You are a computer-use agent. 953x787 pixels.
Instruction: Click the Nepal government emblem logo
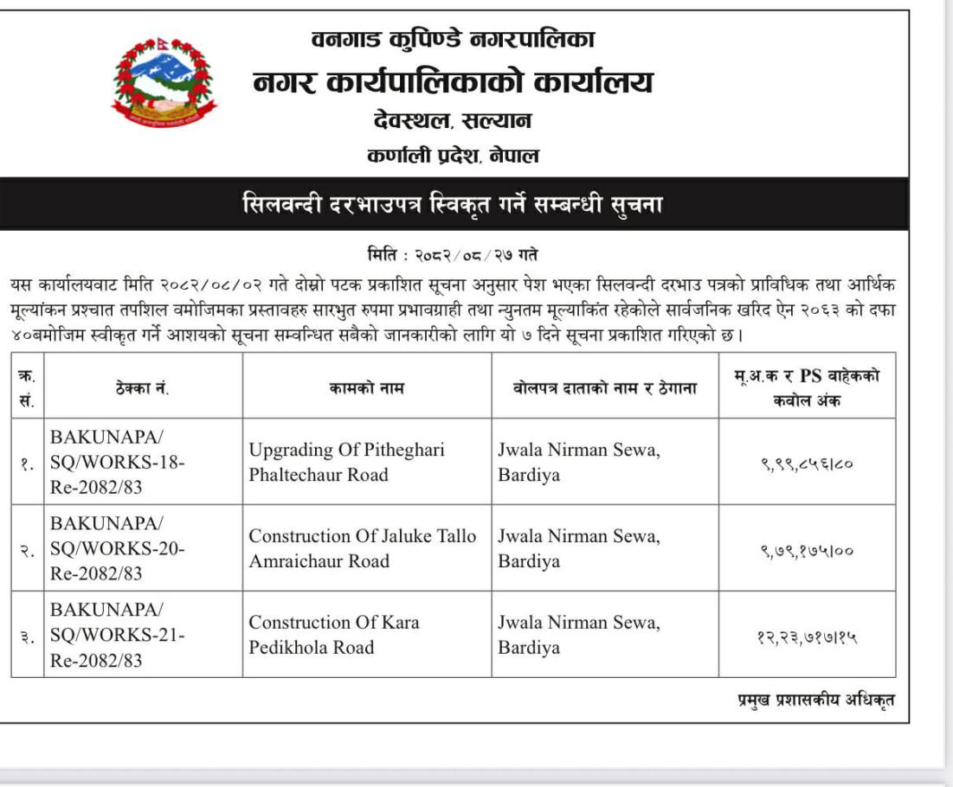[x=164, y=83]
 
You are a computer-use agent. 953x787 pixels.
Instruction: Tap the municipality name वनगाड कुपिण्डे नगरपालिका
[x=453, y=39]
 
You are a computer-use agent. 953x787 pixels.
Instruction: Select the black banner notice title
[x=453, y=205]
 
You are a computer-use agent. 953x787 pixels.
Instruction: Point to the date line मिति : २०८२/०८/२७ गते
[x=453, y=255]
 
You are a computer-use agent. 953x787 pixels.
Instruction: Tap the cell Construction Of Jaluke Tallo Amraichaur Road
[x=362, y=548]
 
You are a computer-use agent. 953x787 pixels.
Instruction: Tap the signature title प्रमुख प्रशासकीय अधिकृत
[x=810, y=701]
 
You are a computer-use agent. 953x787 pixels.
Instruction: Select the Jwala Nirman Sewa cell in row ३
[x=578, y=635]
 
